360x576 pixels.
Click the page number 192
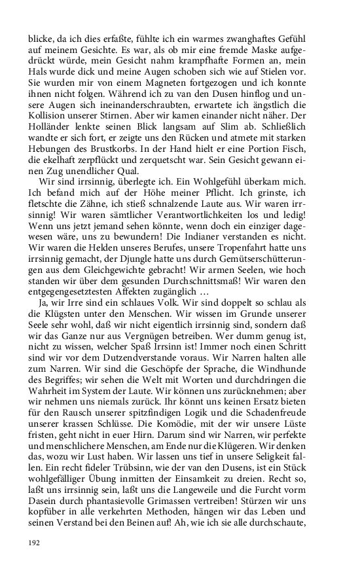(35, 542)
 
